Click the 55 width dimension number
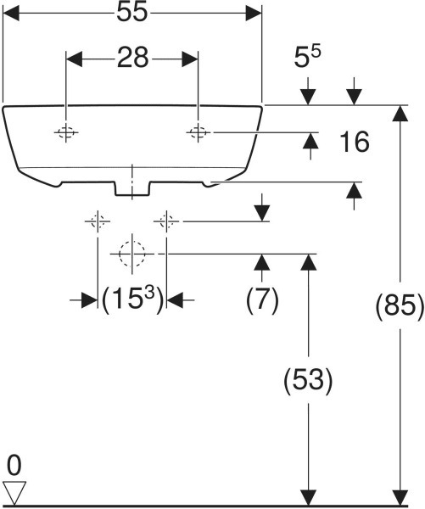(x=132, y=13)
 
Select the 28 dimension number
(x=133, y=59)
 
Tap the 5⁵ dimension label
(x=307, y=56)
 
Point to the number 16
(x=355, y=142)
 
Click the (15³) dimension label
(x=132, y=300)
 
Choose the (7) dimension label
(x=261, y=300)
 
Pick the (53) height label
(x=308, y=380)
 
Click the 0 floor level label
(x=14, y=465)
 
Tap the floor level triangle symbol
(x=14, y=492)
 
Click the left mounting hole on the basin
(x=66, y=132)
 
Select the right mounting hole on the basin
(x=198, y=132)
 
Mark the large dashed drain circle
(x=132, y=254)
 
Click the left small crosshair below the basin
(x=98, y=221)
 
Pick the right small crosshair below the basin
(x=166, y=221)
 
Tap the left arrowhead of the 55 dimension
(x=11, y=13)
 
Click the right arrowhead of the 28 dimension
(x=190, y=59)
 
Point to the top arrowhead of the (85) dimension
(x=400, y=114)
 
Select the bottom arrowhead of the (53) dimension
(x=308, y=497)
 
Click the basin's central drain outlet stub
(x=132, y=189)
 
